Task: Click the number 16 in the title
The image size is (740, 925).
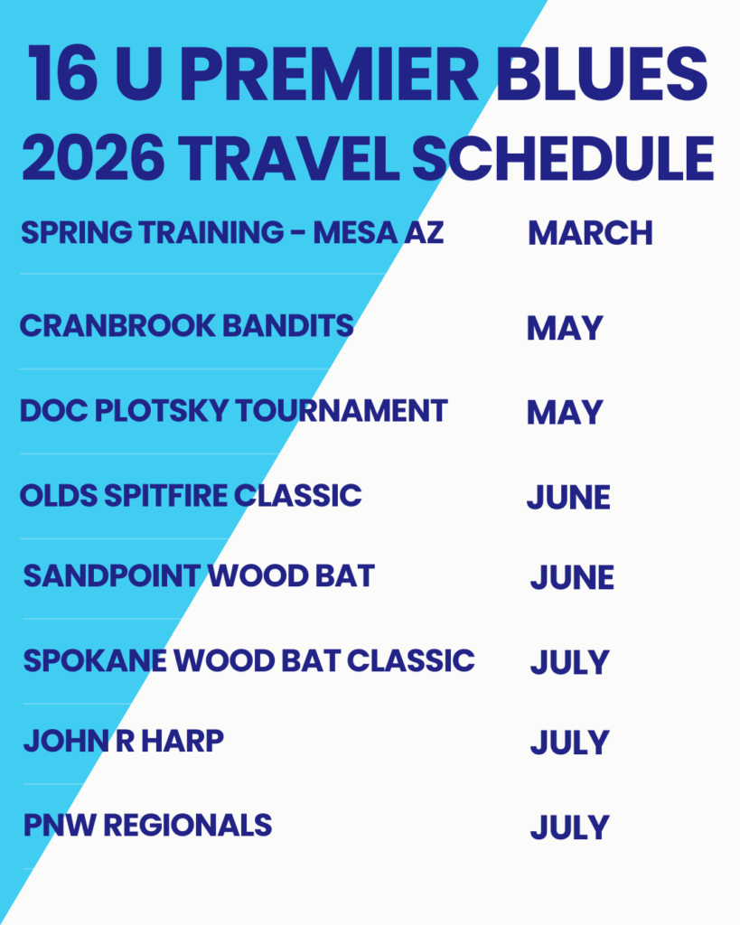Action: click(x=62, y=74)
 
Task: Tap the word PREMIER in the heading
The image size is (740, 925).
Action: click(x=329, y=74)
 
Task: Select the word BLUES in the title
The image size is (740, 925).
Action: click(x=602, y=74)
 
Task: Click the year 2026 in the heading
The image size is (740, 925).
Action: click(x=93, y=158)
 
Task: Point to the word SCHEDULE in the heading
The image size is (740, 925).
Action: click(x=564, y=158)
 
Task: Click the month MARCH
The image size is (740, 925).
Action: click(x=590, y=233)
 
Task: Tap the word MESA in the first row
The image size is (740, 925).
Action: click(x=355, y=232)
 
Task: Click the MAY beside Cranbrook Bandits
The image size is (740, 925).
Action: click(x=565, y=328)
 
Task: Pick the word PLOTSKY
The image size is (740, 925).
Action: click(x=162, y=411)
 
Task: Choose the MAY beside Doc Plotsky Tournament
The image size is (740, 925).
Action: click(x=565, y=412)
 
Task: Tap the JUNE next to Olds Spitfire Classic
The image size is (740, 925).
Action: click(x=568, y=498)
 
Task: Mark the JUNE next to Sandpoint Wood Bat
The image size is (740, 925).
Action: click(x=572, y=577)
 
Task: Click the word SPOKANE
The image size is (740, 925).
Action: click(x=95, y=660)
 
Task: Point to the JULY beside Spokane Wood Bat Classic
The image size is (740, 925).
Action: click(x=569, y=662)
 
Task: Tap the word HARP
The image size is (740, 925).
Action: click(x=183, y=742)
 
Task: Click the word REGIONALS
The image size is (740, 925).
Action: click(x=188, y=826)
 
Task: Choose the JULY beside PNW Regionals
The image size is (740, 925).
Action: click(x=569, y=827)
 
